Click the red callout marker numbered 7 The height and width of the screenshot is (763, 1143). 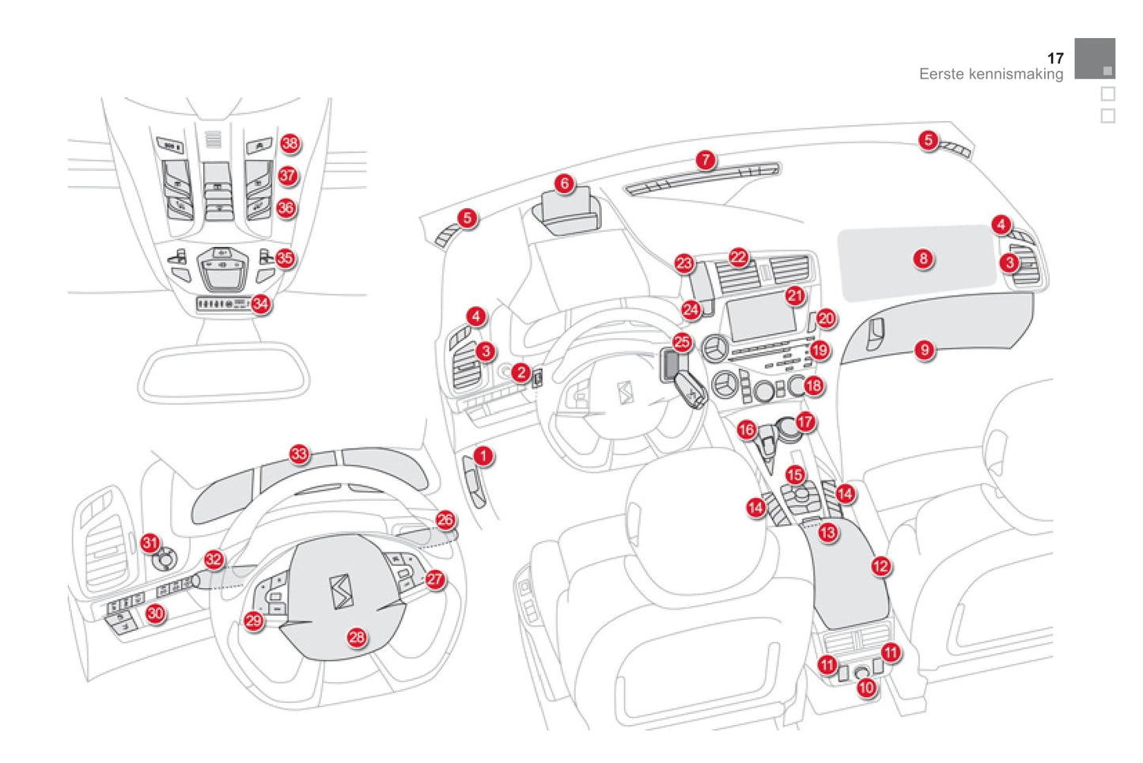pyautogui.click(x=706, y=161)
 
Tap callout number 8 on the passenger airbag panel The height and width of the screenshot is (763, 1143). pyautogui.click(x=923, y=259)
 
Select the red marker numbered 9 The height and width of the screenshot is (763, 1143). pyautogui.click(x=925, y=350)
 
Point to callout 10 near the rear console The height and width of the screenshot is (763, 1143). pyautogui.click(x=866, y=688)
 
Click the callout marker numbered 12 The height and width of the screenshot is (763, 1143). pyautogui.click(x=880, y=566)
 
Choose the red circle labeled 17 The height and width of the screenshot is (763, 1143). pyautogui.click(x=805, y=422)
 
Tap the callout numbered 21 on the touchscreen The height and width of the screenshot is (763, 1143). pyautogui.click(x=795, y=296)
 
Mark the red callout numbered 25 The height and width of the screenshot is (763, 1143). pyautogui.click(x=682, y=343)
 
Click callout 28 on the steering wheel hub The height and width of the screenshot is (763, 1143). pyautogui.click(x=357, y=637)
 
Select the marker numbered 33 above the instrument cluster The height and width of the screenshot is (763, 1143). pyautogui.click(x=299, y=454)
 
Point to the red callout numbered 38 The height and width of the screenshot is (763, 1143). pyautogui.click(x=290, y=143)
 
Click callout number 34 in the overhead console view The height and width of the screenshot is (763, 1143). pyautogui.click(x=260, y=304)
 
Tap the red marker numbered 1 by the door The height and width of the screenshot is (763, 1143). pyautogui.click(x=483, y=456)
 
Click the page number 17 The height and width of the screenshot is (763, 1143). pyautogui.click(x=1055, y=59)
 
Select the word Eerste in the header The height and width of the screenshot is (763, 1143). pyautogui.click(x=941, y=74)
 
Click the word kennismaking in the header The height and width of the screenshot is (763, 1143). pyautogui.click(x=1017, y=74)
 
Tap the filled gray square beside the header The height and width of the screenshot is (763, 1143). pyautogui.click(x=1094, y=59)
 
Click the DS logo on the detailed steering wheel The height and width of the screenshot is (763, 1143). pyautogui.click(x=342, y=591)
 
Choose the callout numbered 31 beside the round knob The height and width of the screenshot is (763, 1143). pyautogui.click(x=150, y=543)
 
